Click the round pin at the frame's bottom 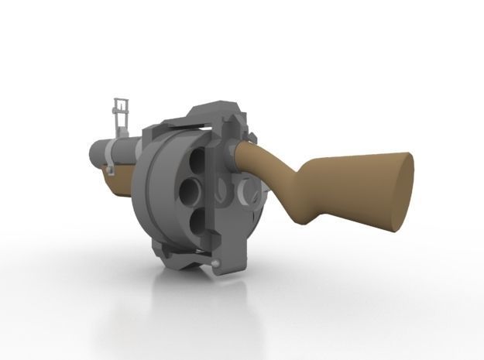(216, 266)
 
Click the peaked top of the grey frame (215, 106)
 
